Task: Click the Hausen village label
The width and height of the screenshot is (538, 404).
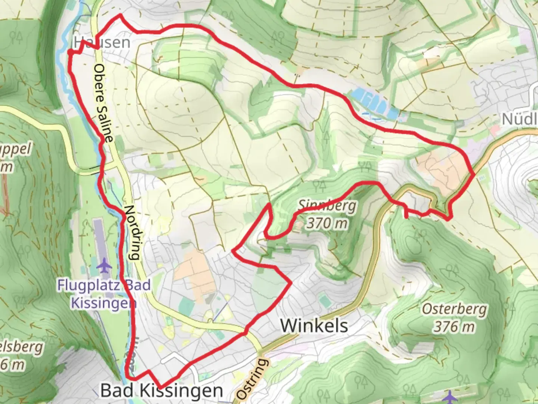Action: [x=102, y=42]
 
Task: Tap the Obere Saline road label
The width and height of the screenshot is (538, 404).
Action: [x=103, y=103]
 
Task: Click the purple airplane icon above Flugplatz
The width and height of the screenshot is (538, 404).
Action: [x=104, y=266]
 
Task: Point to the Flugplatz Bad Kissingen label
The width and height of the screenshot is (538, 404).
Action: [x=103, y=294]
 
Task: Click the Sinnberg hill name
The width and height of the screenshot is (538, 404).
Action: [x=327, y=206]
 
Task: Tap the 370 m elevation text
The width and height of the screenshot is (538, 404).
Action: [x=327, y=223]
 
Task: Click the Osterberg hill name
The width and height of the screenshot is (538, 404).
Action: [x=454, y=309]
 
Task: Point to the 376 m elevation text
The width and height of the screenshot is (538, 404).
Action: [x=454, y=327]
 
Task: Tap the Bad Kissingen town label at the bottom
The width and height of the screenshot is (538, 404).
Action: [x=161, y=391]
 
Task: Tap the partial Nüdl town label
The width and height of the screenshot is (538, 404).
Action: [x=519, y=119]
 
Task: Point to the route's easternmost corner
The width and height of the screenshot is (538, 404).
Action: [x=474, y=174]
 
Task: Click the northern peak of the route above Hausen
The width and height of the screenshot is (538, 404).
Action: [x=120, y=15]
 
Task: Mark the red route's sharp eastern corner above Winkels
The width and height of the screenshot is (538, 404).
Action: [x=291, y=283]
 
